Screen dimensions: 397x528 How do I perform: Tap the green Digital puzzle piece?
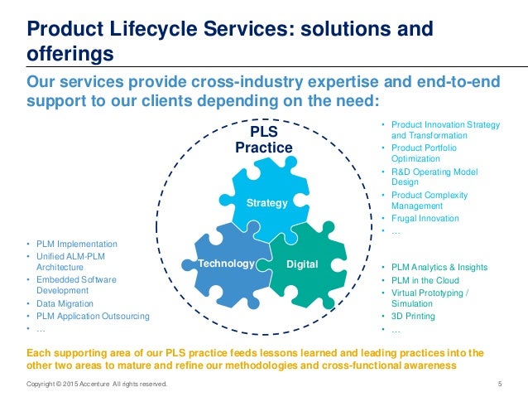pos(303,264)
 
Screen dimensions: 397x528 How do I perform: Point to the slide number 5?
pos(502,384)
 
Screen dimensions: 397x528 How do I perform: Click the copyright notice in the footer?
pos(98,384)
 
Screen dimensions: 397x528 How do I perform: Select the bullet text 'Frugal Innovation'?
pos(425,219)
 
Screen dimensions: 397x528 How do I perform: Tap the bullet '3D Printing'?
pos(413,317)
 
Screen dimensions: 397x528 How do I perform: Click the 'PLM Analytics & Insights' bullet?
pos(439,267)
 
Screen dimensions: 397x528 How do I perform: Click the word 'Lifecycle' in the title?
pos(158,31)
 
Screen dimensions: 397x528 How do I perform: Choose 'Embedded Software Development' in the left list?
pos(76,286)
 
